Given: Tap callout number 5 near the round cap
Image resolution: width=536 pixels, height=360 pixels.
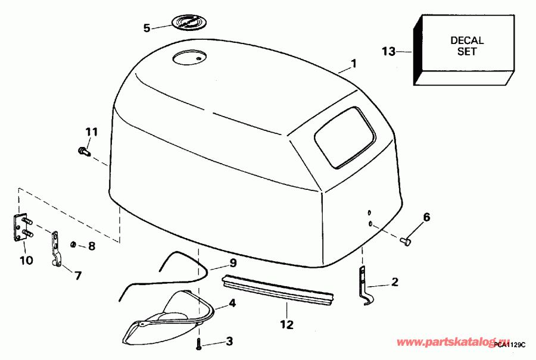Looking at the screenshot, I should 147,27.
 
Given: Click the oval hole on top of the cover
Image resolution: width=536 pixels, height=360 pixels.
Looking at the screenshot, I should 188,57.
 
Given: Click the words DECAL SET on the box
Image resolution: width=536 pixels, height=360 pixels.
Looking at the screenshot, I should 467,46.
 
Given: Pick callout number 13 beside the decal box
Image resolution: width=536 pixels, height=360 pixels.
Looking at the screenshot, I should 388,52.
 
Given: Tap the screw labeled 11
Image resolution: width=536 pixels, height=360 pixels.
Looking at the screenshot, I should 83,152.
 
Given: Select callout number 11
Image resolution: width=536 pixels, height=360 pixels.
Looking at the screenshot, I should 91,132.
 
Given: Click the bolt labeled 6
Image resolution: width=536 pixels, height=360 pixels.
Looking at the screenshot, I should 406,241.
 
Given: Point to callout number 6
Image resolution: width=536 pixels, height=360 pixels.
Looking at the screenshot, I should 426,217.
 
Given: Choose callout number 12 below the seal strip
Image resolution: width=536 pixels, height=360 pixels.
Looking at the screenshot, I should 287,325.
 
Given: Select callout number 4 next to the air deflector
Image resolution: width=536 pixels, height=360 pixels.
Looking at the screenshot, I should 232,303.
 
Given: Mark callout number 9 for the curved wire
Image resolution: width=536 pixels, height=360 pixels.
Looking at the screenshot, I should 233,263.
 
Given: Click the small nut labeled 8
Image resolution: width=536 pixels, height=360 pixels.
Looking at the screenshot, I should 72,245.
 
